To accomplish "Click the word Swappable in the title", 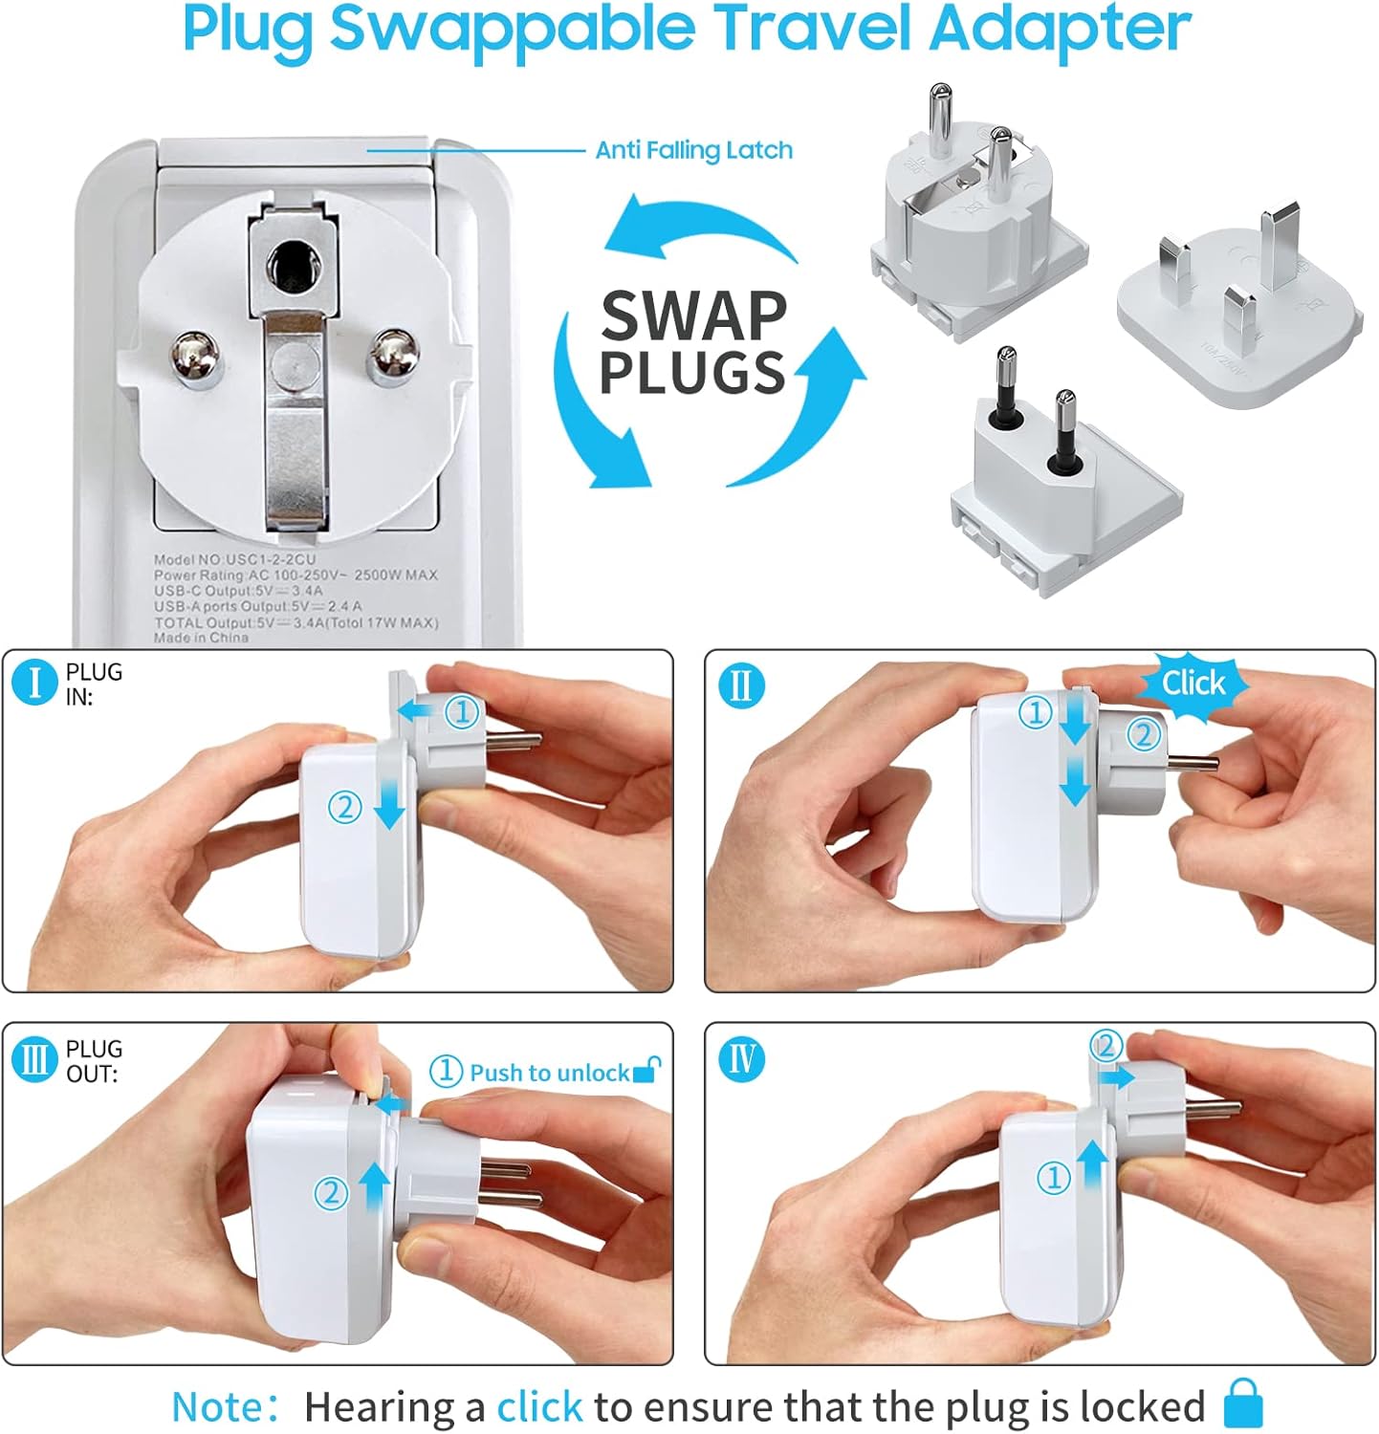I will coord(512,31).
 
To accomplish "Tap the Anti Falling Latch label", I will coord(693,150).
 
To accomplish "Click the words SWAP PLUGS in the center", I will coord(692,343).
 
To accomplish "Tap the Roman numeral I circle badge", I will coord(35,684).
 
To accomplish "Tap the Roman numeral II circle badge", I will coord(741,684).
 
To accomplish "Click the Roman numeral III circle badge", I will coord(35,1060).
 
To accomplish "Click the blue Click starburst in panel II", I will coord(1193,683).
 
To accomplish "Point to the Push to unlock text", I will coord(549,1073).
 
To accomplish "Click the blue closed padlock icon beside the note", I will coord(1243,1404).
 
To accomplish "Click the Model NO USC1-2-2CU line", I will coord(235,559).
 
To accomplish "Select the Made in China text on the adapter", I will coord(201,638).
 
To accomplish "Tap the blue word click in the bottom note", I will coord(538,1407).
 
